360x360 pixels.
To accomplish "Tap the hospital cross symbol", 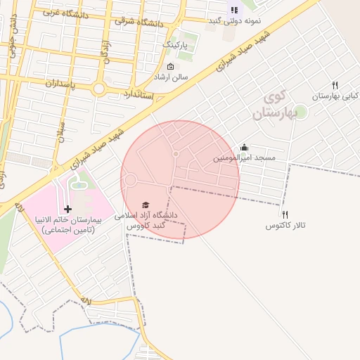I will tap(67, 210).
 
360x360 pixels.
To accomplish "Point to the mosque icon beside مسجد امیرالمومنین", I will tap(244, 147).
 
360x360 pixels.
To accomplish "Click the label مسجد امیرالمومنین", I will tap(245, 159).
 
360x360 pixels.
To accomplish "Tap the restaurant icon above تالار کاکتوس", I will tap(285, 214).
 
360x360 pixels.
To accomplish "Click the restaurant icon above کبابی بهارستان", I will tap(335, 86).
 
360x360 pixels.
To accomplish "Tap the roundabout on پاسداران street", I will tap(98, 89).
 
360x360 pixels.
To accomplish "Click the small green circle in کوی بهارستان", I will tap(300, 111).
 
